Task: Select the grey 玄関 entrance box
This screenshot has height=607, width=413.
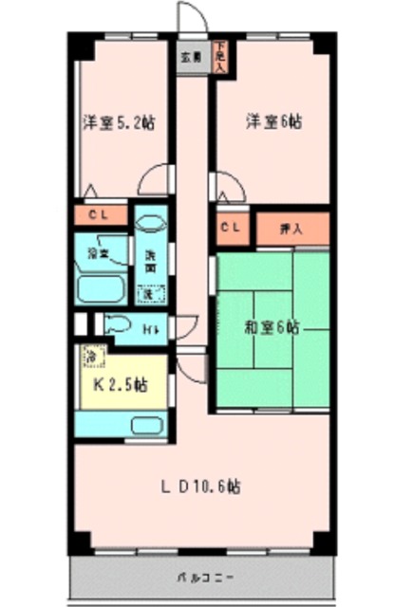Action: (191, 57)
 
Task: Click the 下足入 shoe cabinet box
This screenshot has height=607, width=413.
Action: (220, 57)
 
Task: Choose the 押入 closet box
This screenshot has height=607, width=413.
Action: (292, 229)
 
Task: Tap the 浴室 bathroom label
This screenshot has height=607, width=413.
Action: (97, 254)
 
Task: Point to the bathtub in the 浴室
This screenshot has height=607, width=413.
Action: (101, 288)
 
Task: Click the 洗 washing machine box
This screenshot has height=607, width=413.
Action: (149, 293)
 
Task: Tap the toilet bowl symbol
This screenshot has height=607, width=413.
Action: (120, 325)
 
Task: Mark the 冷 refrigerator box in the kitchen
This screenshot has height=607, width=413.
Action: (90, 358)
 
